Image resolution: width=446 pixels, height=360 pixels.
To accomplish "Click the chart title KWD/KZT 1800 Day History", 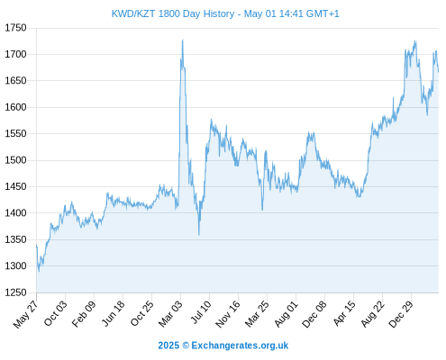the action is point(173,13).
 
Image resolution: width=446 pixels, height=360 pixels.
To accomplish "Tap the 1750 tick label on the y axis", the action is point(15,28).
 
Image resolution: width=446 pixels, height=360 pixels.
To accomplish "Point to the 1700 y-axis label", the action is point(15,54).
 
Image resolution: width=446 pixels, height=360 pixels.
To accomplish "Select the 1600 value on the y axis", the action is point(15,107).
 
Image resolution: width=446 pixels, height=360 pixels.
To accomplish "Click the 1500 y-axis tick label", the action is point(15,160).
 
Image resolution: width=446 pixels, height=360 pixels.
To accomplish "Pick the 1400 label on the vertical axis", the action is point(15,213).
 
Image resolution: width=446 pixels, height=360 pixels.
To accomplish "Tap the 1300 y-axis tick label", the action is point(15,265).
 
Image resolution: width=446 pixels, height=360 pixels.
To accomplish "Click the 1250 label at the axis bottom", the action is point(15,292).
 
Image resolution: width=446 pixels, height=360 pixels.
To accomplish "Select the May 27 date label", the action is point(26,314).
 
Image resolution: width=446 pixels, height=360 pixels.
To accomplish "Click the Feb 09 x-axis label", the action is point(84,313).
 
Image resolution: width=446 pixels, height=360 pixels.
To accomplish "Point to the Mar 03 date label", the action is point(170,313).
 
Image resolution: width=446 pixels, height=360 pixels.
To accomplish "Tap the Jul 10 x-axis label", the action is point(201,312).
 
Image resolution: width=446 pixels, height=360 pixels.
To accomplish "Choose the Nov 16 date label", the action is point(228,313).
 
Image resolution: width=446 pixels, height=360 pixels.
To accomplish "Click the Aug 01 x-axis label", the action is point(286,313).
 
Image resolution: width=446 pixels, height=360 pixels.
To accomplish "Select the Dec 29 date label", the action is point(401,313).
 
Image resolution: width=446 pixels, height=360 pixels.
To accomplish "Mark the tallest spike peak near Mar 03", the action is point(183,40).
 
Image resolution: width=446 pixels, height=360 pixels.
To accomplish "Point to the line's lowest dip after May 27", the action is point(39,272).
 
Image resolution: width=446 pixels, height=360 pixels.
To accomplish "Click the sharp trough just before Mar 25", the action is point(262,210).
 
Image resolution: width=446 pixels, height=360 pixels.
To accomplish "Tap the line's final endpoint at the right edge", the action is point(438,72).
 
